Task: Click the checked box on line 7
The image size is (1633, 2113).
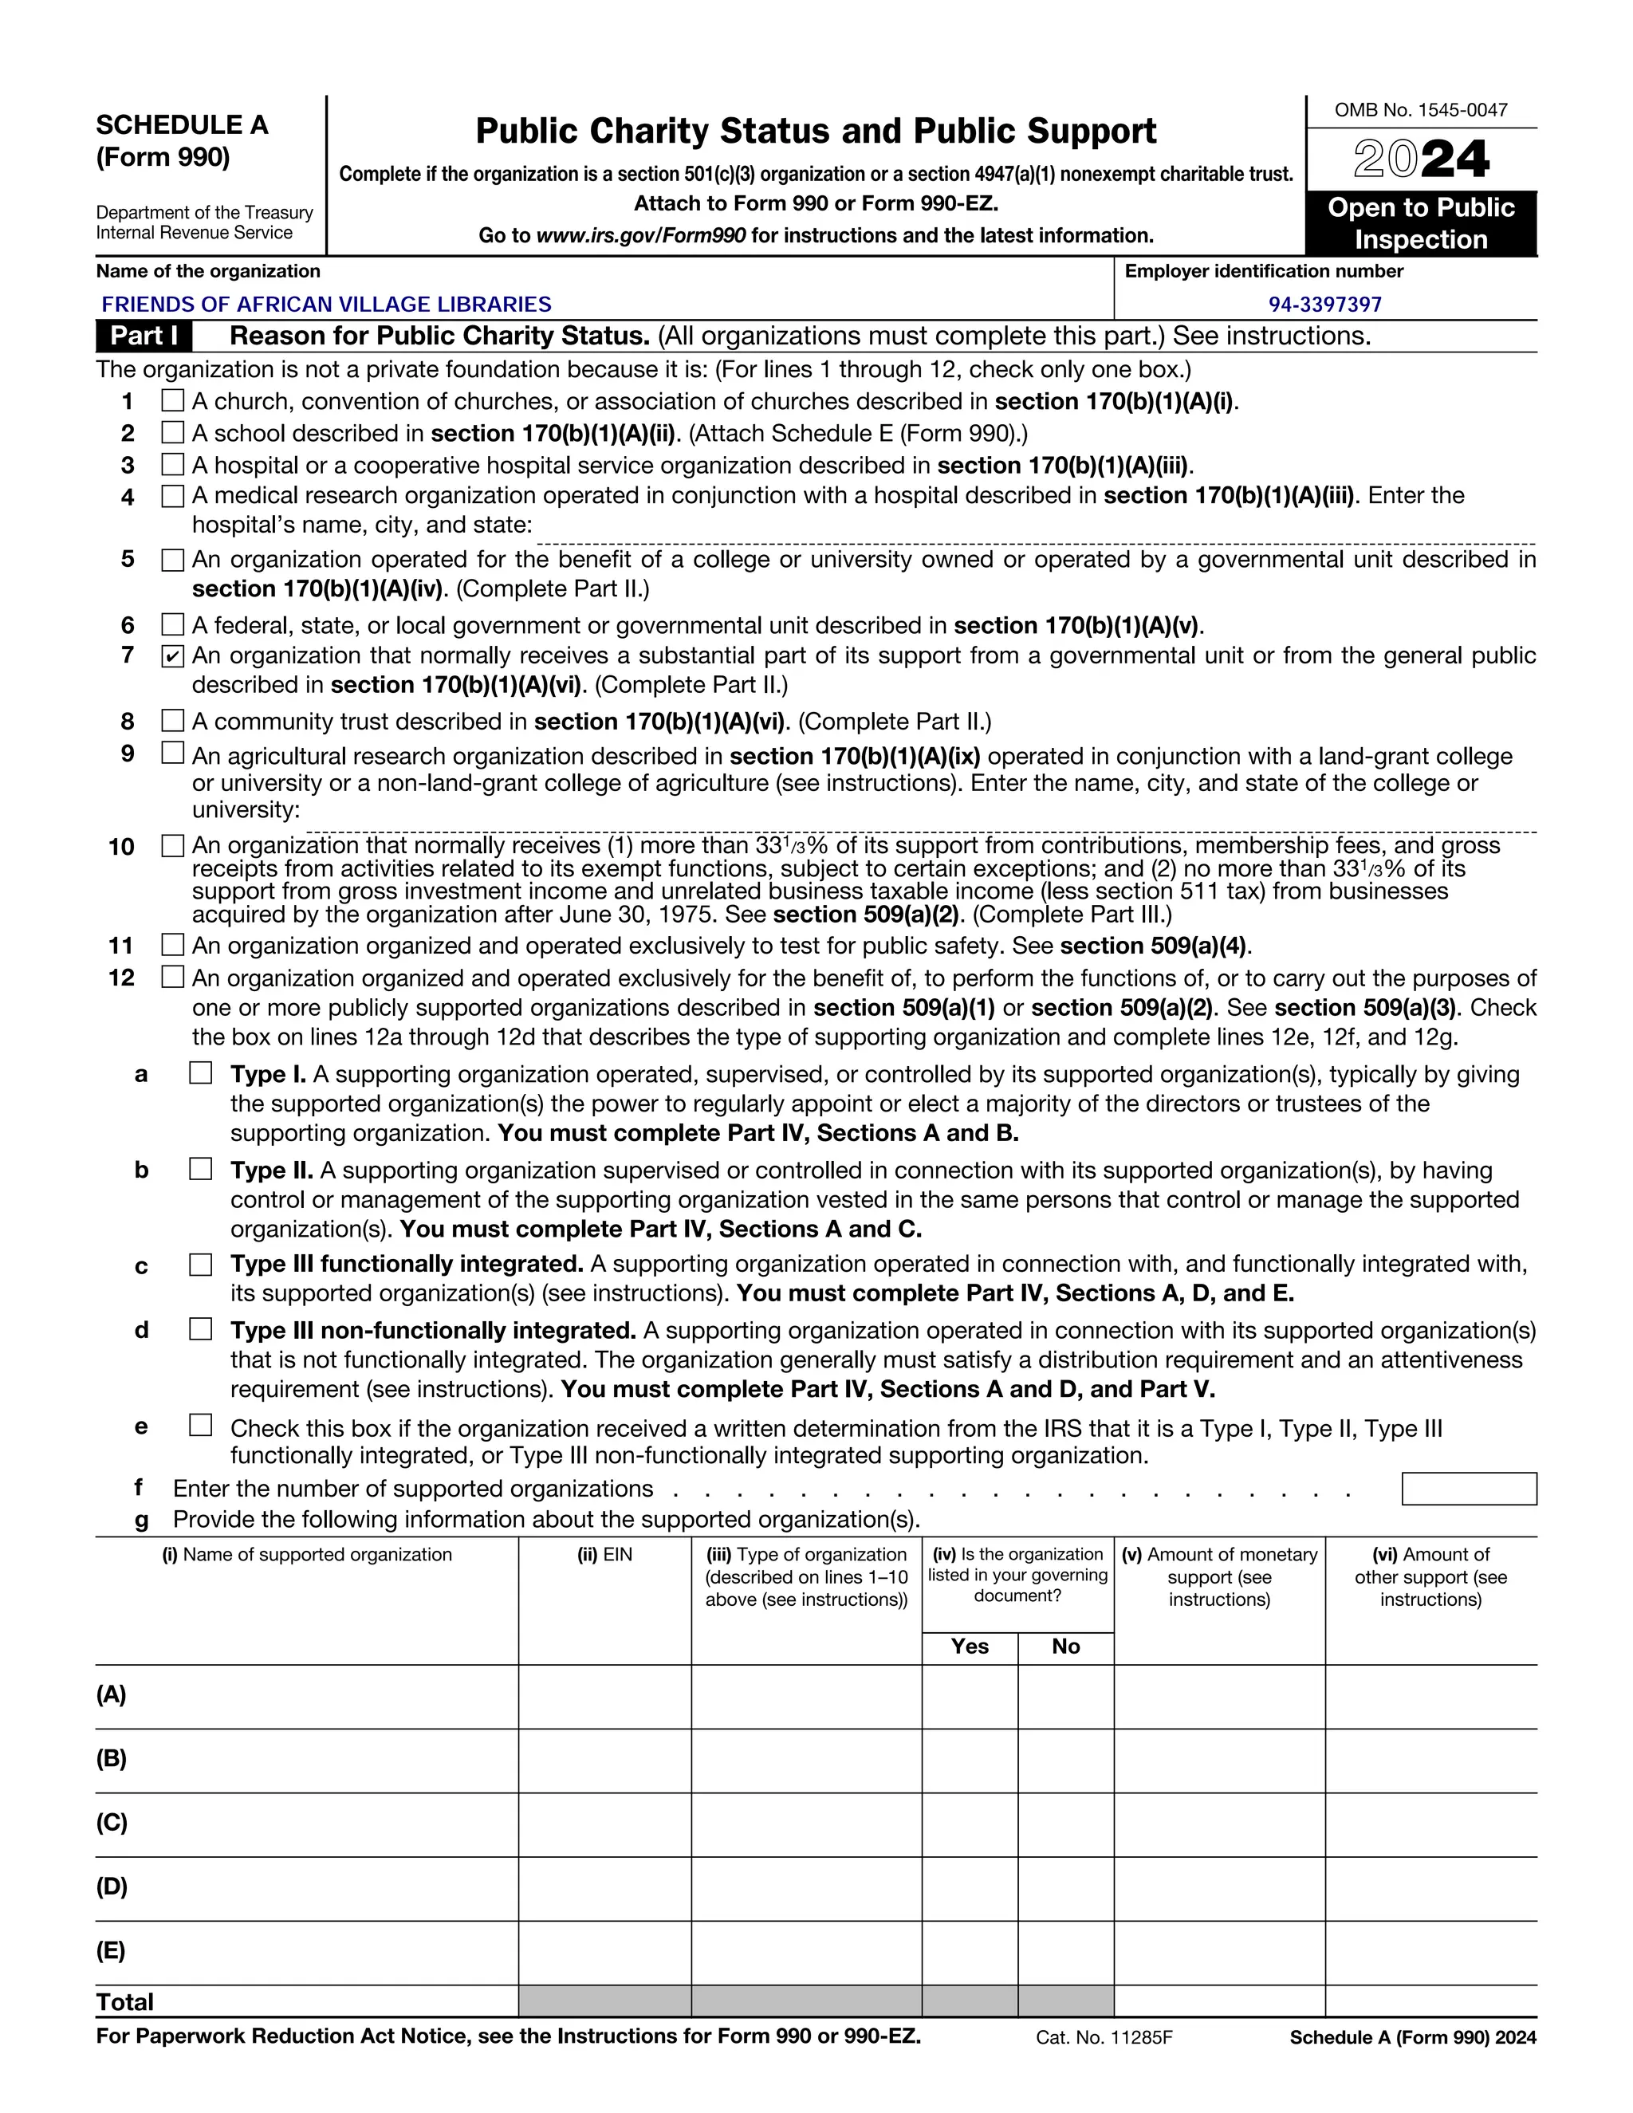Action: tap(172, 657)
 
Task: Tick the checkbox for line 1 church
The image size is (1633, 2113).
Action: tap(172, 400)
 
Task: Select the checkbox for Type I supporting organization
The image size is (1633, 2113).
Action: tap(200, 1073)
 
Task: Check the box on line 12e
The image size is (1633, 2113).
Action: tap(200, 1425)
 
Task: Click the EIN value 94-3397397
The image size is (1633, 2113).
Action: tap(1324, 305)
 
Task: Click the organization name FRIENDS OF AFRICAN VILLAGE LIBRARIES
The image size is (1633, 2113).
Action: tap(326, 305)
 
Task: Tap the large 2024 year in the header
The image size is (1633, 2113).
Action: tap(1420, 159)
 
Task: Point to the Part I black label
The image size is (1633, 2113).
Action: tap(144, 336)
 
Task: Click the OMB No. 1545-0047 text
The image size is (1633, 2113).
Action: tap(1420, 110)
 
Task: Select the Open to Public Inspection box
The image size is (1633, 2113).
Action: tap(1420, 223)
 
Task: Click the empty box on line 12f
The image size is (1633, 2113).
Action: tap(1468, 1489)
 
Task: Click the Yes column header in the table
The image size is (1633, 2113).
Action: tap(970, 1647)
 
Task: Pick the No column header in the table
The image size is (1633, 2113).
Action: tap(1065, 1647)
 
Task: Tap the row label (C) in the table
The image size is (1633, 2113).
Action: tap(112, 1823)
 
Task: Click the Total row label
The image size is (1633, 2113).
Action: tap(125, 2001)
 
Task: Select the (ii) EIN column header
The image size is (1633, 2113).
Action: tap(604, 1555)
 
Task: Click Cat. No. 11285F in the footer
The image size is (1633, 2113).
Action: tap(1104, 2037)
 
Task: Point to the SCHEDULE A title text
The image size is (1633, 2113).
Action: tap(182, 125)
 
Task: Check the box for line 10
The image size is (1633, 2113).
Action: tap(172, 845)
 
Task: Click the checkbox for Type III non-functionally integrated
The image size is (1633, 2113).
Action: tap(200, 1329)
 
